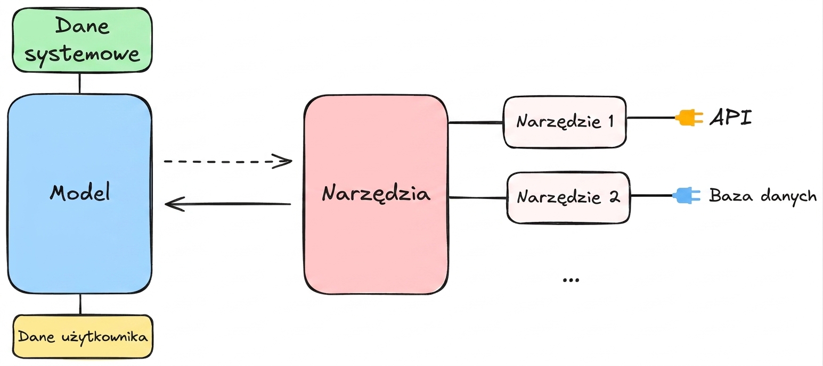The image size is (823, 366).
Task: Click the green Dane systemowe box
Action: point(82,40)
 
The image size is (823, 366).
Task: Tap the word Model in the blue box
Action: point(80,192)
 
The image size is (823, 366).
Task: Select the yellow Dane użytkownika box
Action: point(83,336)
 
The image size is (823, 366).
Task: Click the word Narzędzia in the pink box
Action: point(376,193)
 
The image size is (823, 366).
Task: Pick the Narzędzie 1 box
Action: point(565,122)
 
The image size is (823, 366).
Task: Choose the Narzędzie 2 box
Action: point(568,197)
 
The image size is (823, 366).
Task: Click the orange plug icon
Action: point(689,118)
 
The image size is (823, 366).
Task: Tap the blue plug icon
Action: point(686,195)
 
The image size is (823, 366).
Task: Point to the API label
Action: point(731,118)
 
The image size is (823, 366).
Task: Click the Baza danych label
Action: point(763,196)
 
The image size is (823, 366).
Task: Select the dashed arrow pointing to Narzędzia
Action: point(228,161)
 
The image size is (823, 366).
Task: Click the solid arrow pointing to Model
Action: point(228,204)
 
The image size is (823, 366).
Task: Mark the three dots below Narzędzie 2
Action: point(571,280)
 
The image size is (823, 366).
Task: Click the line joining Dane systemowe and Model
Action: point(79,83)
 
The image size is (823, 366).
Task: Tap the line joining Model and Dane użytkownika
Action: point(80,304)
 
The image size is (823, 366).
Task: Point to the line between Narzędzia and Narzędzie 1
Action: point(476,122)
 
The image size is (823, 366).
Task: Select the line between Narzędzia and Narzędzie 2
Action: point(478,197)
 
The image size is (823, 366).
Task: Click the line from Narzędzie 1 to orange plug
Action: point(651,118)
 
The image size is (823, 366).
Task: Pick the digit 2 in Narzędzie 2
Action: point(614,197)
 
